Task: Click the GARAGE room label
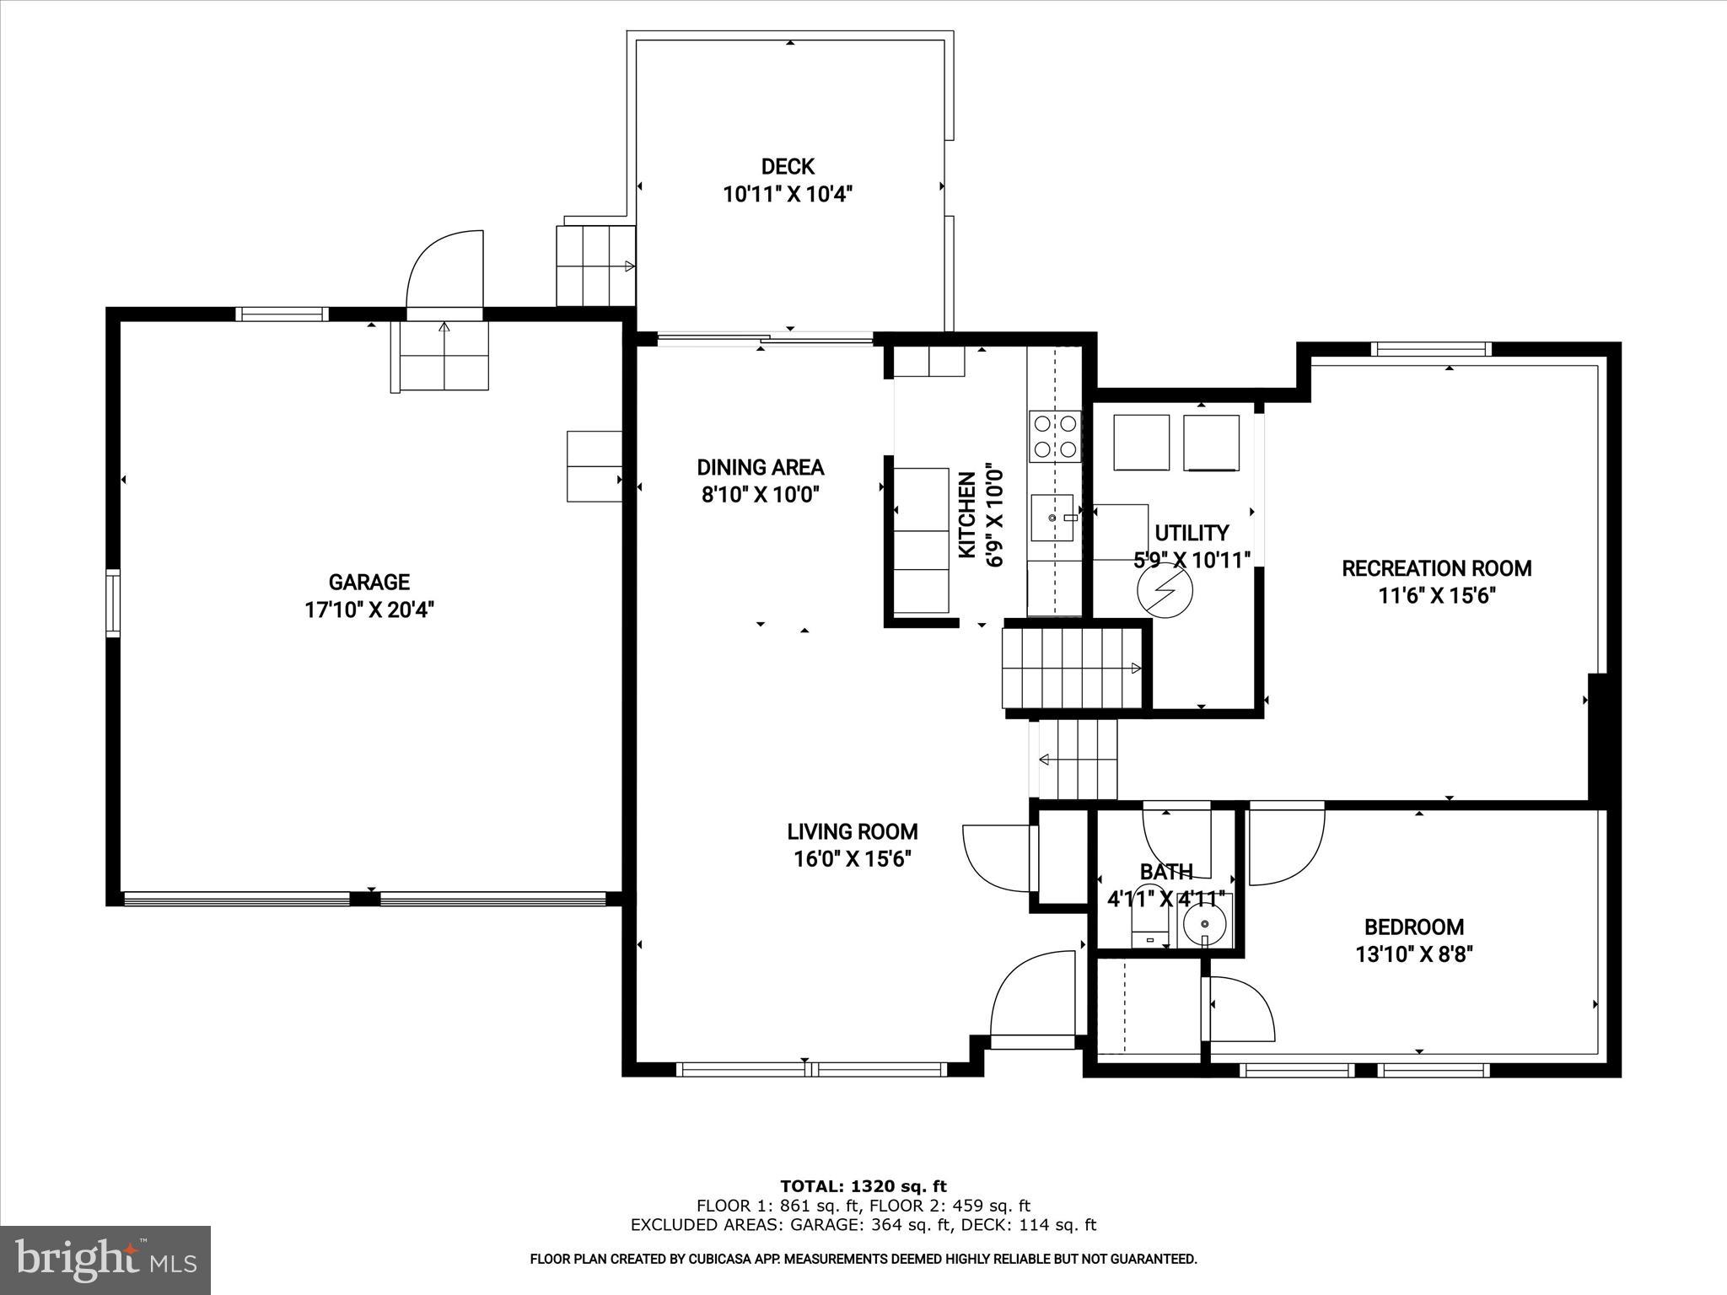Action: pos(369,582)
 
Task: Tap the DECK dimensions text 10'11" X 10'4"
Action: pos(788,195)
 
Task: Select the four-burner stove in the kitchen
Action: pos(1054,436)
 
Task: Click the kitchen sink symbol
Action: pos(1052,518)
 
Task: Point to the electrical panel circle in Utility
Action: pos(1165,591)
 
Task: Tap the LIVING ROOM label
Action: pos(852,832)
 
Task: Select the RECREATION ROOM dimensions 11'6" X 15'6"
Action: pos(1436,596)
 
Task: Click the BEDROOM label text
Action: pos(1414,927)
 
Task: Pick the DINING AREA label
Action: pos(760,467)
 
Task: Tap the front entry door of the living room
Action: pos(1035,999)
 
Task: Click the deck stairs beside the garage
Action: pos(594,266)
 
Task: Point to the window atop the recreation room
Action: pos(1430,349)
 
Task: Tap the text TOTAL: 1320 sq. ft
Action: pos(863,1186)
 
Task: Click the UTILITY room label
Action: pos(1191,533)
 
